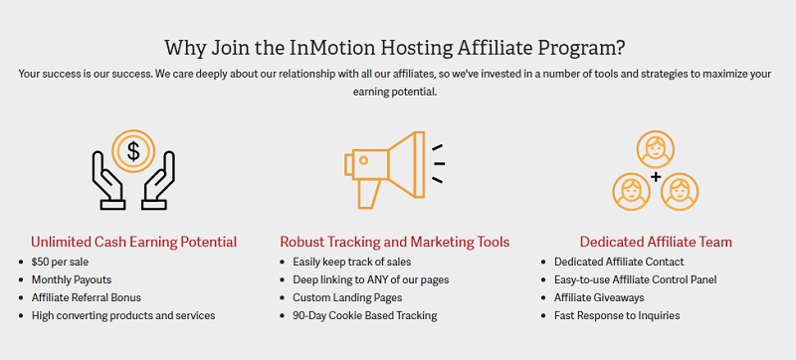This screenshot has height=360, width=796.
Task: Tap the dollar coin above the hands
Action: coord(132,152)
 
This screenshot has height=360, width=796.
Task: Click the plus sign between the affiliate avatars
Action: coord(656,177)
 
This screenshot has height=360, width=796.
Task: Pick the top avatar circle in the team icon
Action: coord(656,151)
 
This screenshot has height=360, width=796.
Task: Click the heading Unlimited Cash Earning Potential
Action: coord(133,242)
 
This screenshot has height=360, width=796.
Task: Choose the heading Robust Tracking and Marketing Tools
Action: coord(395,242)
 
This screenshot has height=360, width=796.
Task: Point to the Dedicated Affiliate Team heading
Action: coord(656,242)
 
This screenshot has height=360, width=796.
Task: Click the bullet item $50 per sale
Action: coord(62,262)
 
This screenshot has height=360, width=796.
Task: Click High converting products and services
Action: coord(123,315)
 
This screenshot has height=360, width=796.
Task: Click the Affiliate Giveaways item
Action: coord(599,297)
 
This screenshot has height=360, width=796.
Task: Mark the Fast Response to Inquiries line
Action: coord(617,315)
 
